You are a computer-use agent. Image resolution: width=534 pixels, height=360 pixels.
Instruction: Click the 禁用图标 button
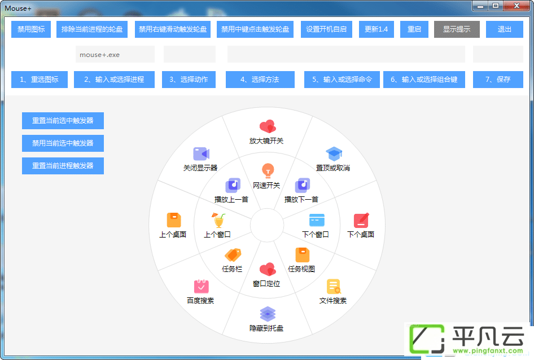(x=31, y=29)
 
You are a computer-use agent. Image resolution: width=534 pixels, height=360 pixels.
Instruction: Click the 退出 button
(x=505, y=29)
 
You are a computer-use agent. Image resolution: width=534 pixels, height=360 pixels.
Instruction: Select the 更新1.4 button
(x=377, y=29)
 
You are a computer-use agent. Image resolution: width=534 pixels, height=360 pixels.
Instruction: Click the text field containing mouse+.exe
(x=115, y=55)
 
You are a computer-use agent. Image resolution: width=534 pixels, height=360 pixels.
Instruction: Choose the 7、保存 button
(x=498, y=80)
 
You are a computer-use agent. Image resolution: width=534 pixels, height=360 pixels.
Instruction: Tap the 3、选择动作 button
(x=189, y=80)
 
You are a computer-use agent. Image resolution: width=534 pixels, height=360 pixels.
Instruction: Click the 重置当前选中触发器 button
(x=63, y=121)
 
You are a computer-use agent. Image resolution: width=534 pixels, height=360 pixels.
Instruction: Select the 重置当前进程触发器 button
(x=63, y=166)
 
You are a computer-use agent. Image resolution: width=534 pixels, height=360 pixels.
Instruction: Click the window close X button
(x=517, y=6)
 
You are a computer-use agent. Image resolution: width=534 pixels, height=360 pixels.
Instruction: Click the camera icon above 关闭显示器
(x=202, y=154)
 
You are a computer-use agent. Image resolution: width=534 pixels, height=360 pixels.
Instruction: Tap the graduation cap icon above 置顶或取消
(x=334, y=154)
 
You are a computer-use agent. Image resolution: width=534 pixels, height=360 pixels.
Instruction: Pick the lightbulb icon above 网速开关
(x=268, y=170)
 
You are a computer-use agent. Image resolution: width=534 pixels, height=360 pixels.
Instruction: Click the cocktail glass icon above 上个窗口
(x=218, y=220)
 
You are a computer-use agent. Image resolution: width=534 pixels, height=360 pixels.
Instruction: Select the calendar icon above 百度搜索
(x=202, y=287)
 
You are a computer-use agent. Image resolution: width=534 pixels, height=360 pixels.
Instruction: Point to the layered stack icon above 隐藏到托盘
(x=268, y=314)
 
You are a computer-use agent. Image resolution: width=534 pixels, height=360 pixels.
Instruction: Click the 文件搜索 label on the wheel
(x=333, y=300)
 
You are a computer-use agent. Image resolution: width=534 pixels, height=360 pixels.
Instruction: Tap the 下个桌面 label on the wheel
(x=361, y=234)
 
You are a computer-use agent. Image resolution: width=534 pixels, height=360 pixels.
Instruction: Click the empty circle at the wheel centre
(x=267, y=225)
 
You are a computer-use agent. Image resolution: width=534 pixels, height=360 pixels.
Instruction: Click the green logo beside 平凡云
(x=427, y=339)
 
